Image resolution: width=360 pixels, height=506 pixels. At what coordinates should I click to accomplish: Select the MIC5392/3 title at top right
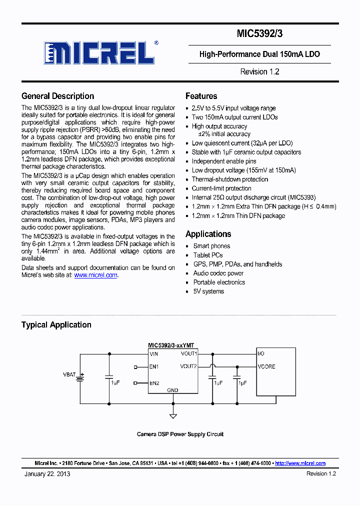[x=259, y=34]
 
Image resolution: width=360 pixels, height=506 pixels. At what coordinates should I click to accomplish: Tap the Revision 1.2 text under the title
[x=259, y=71]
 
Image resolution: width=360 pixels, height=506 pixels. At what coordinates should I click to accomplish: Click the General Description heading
[x=57, y=96]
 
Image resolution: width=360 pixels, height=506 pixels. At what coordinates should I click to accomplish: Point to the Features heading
[x=201, y=96]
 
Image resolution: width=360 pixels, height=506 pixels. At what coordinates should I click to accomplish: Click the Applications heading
[x=208, y=234]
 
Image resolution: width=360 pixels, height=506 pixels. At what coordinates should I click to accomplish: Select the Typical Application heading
[x=56, y=324]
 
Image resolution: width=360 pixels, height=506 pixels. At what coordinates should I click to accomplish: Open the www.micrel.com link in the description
[x=96, y=275]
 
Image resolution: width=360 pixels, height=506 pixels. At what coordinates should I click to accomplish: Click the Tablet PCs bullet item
[x=208, y=255]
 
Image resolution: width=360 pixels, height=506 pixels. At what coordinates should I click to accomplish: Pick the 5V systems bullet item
[x=208, y=291]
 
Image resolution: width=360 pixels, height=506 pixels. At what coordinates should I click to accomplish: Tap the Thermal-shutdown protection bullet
[x=229, y=179]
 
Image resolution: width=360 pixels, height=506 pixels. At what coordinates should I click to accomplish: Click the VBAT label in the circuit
[x=69, y=374]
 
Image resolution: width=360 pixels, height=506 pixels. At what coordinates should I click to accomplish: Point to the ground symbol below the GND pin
[x=173, y=415]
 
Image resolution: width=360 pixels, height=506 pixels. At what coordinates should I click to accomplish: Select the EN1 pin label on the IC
[x=154, y=367]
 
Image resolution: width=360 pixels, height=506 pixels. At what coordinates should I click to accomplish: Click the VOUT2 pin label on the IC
[x=188, y=366]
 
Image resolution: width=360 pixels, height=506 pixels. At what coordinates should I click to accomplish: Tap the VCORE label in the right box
[x=266, y=366]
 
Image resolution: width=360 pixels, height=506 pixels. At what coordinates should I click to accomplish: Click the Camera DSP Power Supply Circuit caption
[x=180, y=434]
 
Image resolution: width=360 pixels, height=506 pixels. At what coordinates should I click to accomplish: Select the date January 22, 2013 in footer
[x=47, y=473]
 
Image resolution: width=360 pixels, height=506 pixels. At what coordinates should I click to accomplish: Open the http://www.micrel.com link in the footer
[x=300, y=463]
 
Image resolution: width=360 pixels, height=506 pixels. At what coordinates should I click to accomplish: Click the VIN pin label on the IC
[x=154, y=354]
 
